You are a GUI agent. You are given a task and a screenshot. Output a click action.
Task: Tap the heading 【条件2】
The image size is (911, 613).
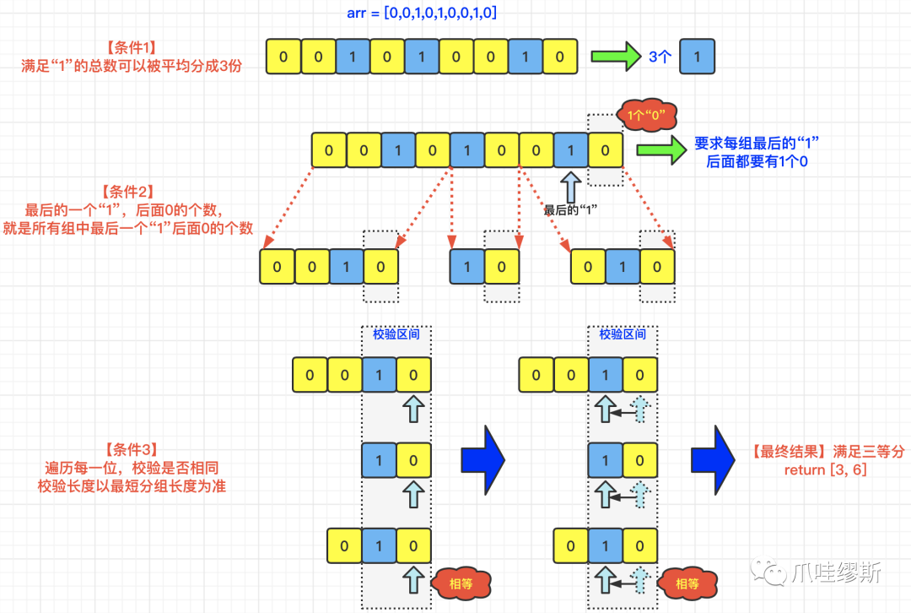pos(130,192)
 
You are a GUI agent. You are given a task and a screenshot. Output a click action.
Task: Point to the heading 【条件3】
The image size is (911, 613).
pos(132,449)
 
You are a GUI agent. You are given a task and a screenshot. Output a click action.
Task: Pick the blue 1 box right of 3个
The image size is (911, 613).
pos(697,57)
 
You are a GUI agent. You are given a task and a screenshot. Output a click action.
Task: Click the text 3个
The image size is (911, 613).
pos(660,57)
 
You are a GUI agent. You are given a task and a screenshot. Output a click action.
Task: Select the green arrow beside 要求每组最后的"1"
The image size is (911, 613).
pos(661,151)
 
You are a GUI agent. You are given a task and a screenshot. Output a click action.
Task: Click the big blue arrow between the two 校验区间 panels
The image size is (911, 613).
pos(482,461)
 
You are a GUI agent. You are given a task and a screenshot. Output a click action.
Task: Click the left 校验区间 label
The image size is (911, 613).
pos(396,334)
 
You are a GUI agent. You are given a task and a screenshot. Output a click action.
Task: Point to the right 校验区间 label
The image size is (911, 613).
pos(623,334)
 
